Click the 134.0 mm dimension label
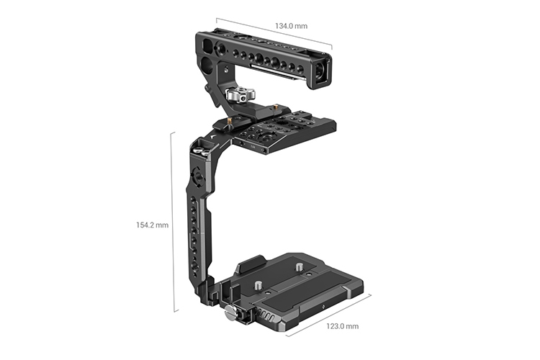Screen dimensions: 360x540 coord(291,26)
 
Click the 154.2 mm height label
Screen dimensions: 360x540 coord(152,225)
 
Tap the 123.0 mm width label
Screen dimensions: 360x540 coord(342,326)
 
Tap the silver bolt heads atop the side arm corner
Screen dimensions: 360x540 coord(201,148)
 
